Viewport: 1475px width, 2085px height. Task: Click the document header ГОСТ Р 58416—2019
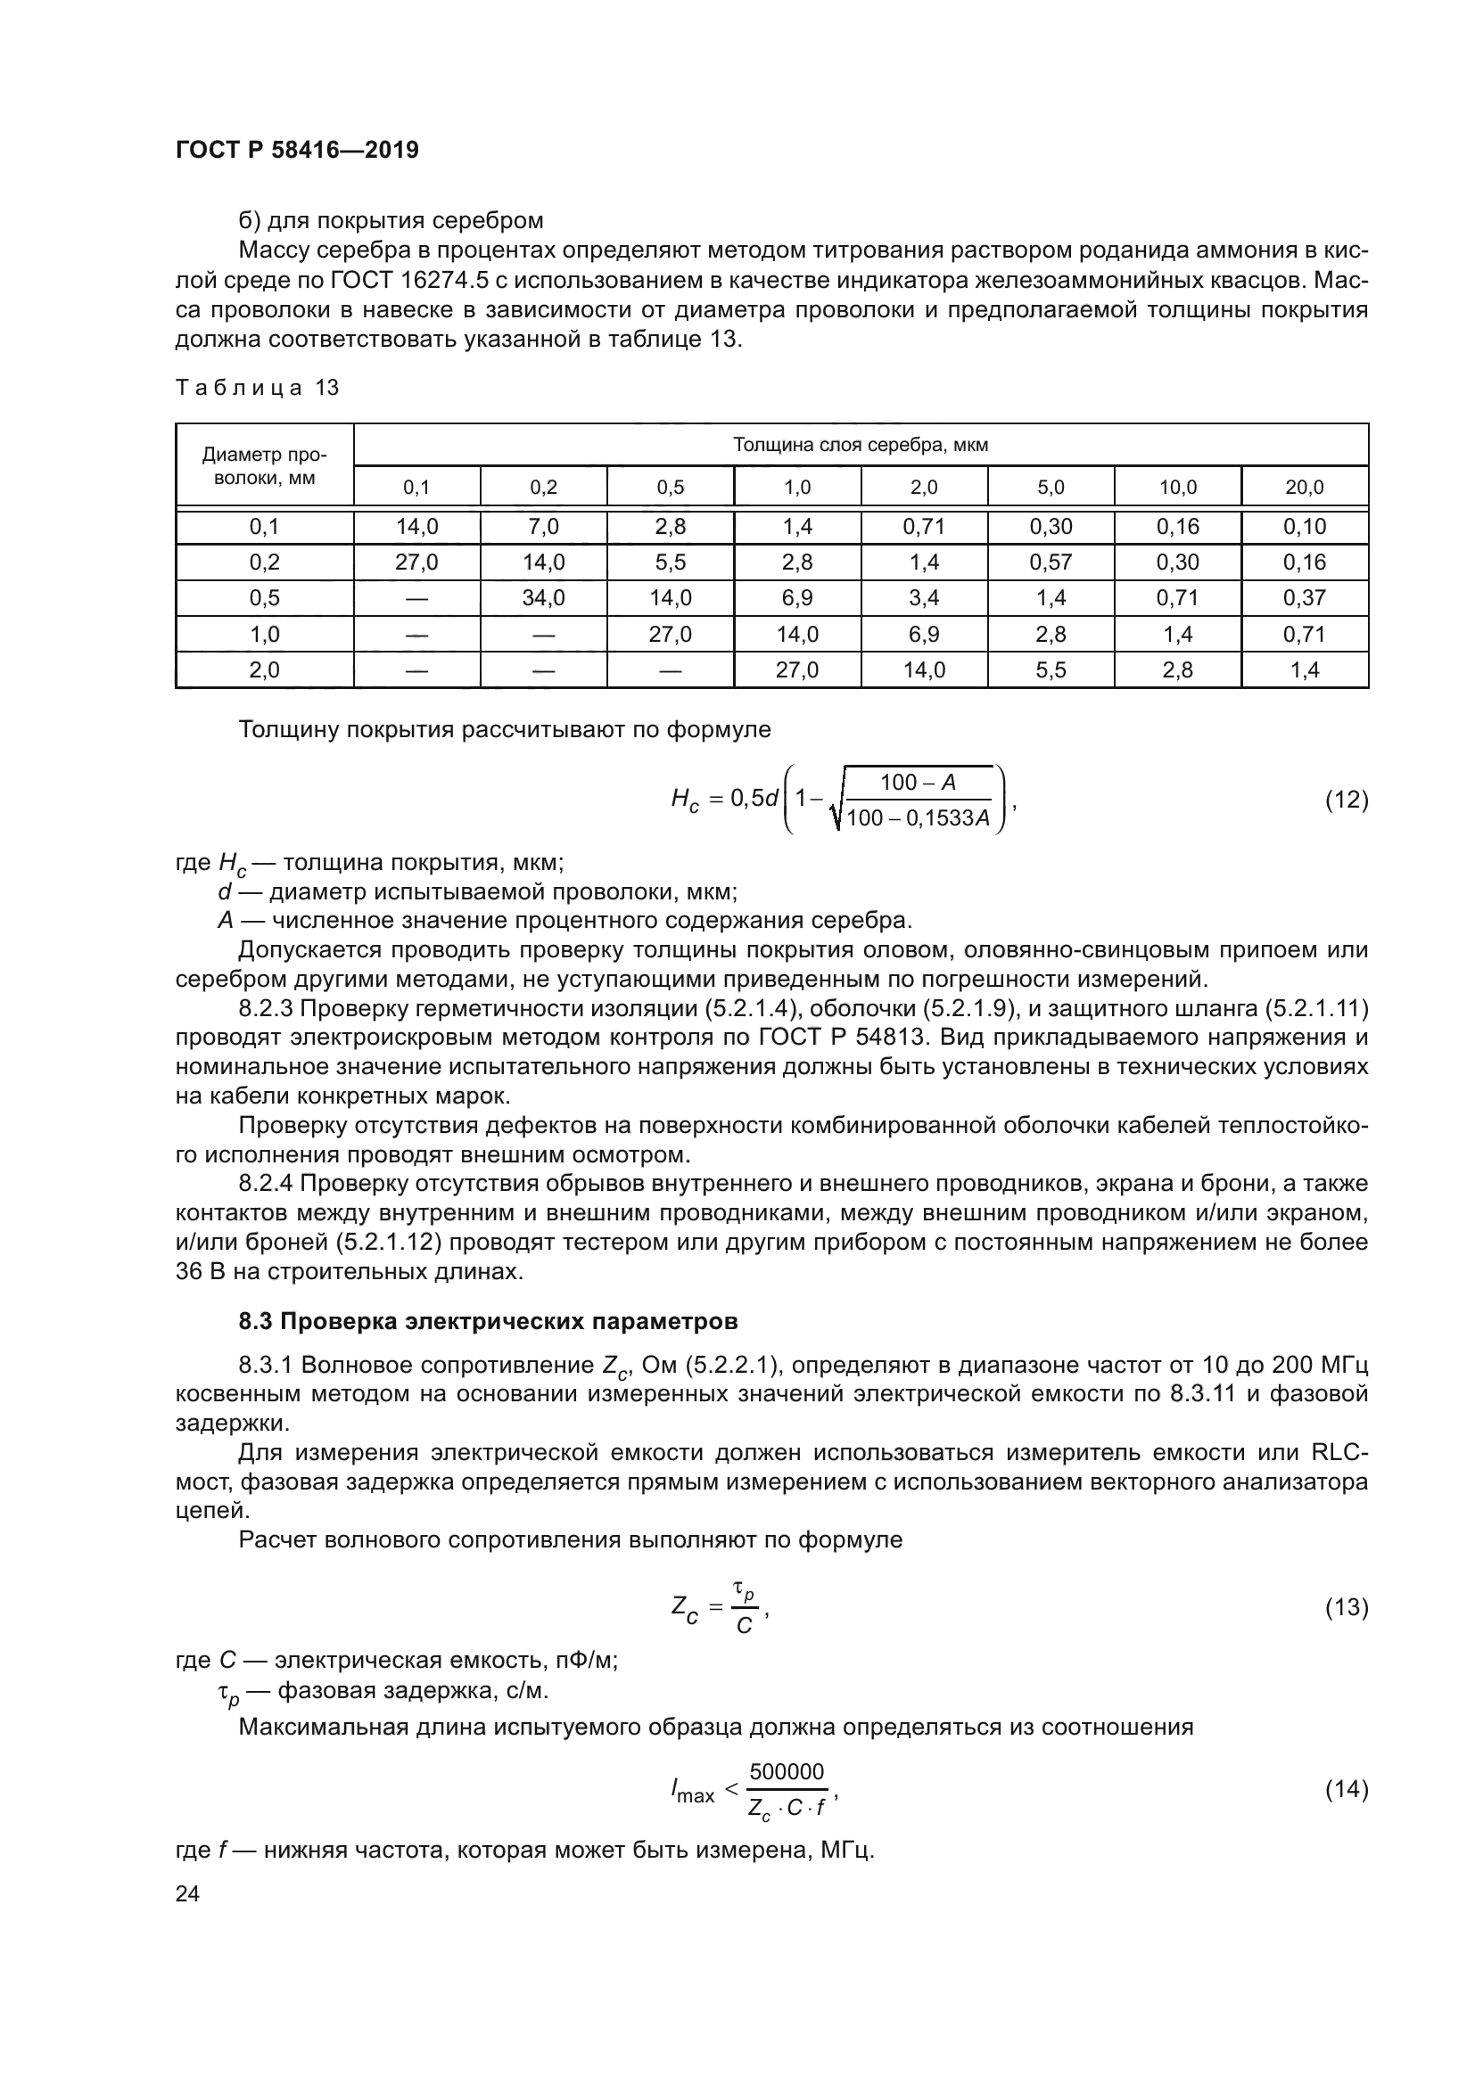coord(297,150)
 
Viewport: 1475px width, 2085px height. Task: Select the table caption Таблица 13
coord(257,388)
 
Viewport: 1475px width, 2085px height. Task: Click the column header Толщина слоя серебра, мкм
coord(860,445)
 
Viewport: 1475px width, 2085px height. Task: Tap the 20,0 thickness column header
coord(1305,488)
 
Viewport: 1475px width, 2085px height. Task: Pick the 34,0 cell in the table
coord(543,598)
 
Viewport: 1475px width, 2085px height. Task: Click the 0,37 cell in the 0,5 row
coord(1305,598)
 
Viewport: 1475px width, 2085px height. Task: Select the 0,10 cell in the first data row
coord(1305,527)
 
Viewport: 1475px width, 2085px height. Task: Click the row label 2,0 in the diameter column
coord(264,670)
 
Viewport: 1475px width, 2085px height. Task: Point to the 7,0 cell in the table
coord(543,527)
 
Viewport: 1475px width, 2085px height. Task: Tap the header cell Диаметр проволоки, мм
coord(264,465)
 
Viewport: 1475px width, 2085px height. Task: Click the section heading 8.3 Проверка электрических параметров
coord(488,1321)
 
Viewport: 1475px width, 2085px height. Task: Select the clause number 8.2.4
coord(266,1184)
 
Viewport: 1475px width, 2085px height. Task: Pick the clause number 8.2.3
coord(266,1009)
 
